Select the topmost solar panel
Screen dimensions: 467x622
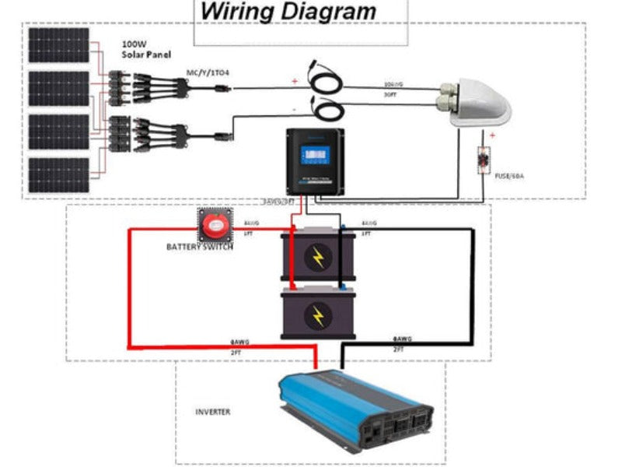(x=59, y=45)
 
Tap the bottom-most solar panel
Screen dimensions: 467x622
(x=59, y=177)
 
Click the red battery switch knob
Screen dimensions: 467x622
(x=213, y=227)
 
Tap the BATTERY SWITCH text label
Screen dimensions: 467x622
(x=200, y=248)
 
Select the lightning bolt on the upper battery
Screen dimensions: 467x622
(x=317, y=258)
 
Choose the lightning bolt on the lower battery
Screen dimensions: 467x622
(x=317, y=315)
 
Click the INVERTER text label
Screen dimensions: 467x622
(x=212, y=412)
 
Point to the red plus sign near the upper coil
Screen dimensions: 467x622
(x=295, y=81)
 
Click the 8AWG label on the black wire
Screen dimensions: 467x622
(x=402, y=339)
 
